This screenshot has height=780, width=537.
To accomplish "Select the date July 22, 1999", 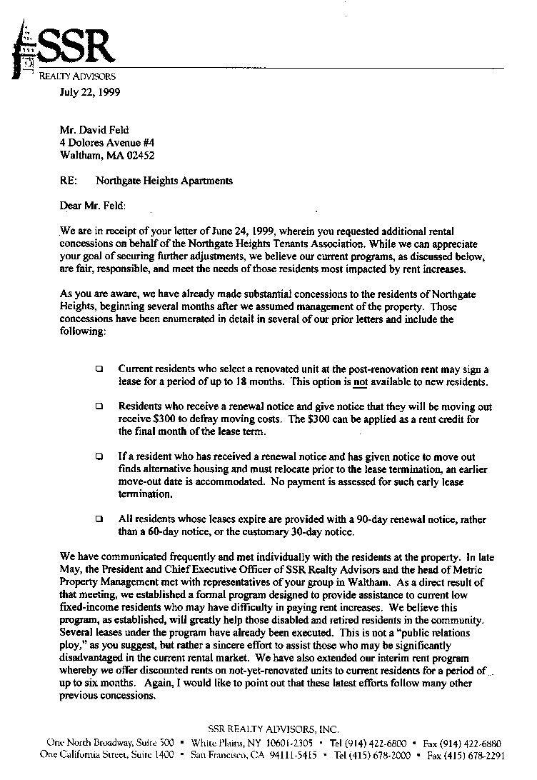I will (89, 91).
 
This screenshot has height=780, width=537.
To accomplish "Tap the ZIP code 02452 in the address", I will (139, 155).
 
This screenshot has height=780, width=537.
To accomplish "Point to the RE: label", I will (69, 181).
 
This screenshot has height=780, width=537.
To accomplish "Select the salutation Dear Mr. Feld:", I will (93, 206).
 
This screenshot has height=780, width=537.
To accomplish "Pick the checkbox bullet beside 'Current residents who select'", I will (99, 369).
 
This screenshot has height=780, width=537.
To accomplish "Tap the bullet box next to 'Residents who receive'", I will (99, 407).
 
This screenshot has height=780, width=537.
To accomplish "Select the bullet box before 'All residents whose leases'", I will (99, 519).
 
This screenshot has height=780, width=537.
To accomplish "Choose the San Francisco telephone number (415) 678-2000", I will (383, 755).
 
